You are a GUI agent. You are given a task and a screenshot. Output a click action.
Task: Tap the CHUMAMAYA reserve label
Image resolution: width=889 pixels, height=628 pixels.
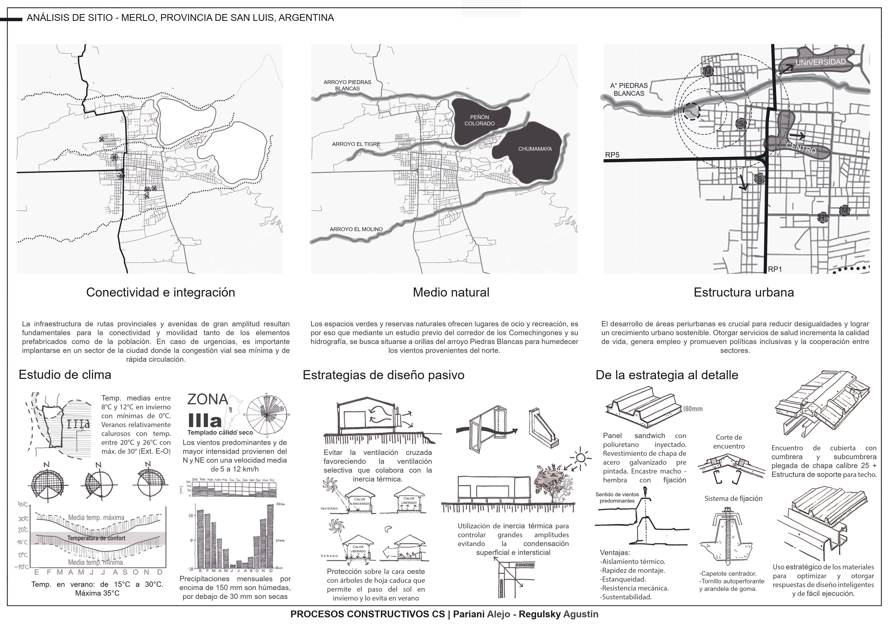coord(535,149)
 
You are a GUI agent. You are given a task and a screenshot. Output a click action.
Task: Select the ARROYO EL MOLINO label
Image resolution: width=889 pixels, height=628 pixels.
coord(356,229)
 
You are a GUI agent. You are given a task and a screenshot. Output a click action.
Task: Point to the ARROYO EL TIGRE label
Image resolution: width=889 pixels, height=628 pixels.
coord(356,144)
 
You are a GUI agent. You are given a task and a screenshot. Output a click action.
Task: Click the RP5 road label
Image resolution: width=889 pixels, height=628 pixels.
coord(612,155)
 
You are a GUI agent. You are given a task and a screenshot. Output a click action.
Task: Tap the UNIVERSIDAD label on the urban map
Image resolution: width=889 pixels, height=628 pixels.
coord(820,62)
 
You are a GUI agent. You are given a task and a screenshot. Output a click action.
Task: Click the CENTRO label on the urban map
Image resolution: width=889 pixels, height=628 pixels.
coord(801,148)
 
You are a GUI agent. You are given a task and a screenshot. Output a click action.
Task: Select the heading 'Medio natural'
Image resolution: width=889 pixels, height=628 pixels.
coord(451,292)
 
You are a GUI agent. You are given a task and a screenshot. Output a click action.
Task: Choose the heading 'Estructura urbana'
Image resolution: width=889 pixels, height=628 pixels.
coord(743,292)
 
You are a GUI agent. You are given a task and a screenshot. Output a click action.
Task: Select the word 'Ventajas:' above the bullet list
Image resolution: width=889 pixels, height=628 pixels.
coord(615,552)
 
